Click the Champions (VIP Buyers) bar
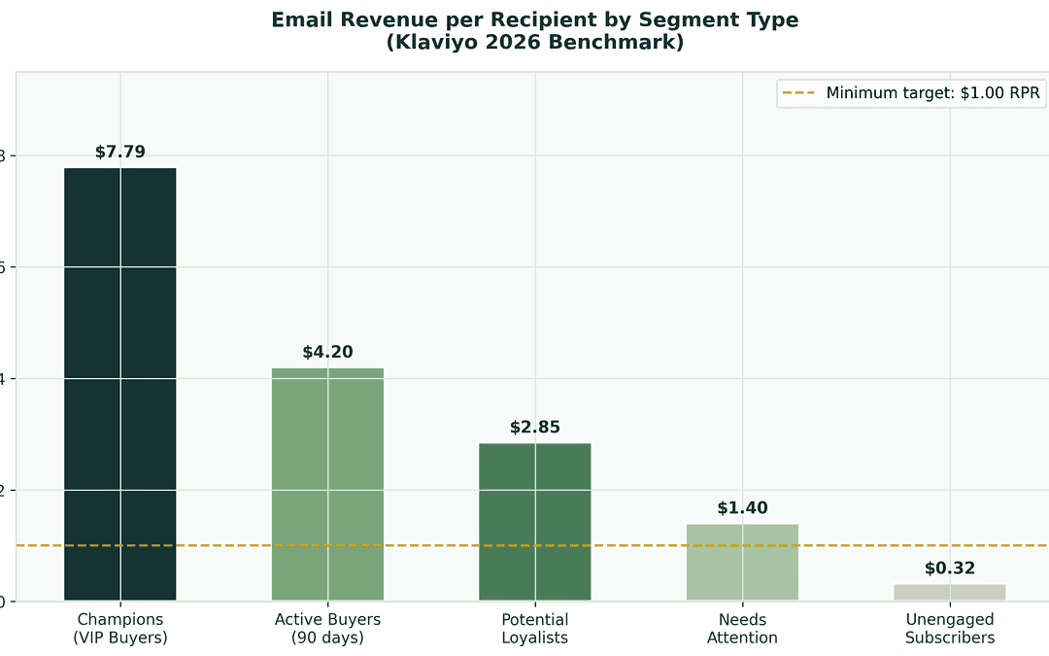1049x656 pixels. click(x=120, y=384)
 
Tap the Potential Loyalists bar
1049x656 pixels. click(x=535, y=522)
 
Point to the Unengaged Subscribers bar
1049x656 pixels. click(x=949, y=592)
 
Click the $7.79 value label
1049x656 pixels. click(x=120, y=152)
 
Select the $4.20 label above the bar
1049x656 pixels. click(x=327, y=352)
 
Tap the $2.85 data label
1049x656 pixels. click(x=535, y=427)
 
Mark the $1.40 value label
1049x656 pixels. click(x=742, y=507)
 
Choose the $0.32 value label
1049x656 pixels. click(x=949, y=569)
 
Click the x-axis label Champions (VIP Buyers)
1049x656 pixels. click(x=120, y=629)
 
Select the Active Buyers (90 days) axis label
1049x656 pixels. click(x=327, y=629)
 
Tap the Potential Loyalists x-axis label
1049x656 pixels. click(x=535, y=629)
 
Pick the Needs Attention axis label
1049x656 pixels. click(x=742, y=629)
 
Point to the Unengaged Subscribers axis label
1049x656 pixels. click(x=949, y=629)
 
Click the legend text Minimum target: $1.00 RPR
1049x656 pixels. click(x=933, y=93)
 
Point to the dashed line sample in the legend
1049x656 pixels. click(x=799, y=93)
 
